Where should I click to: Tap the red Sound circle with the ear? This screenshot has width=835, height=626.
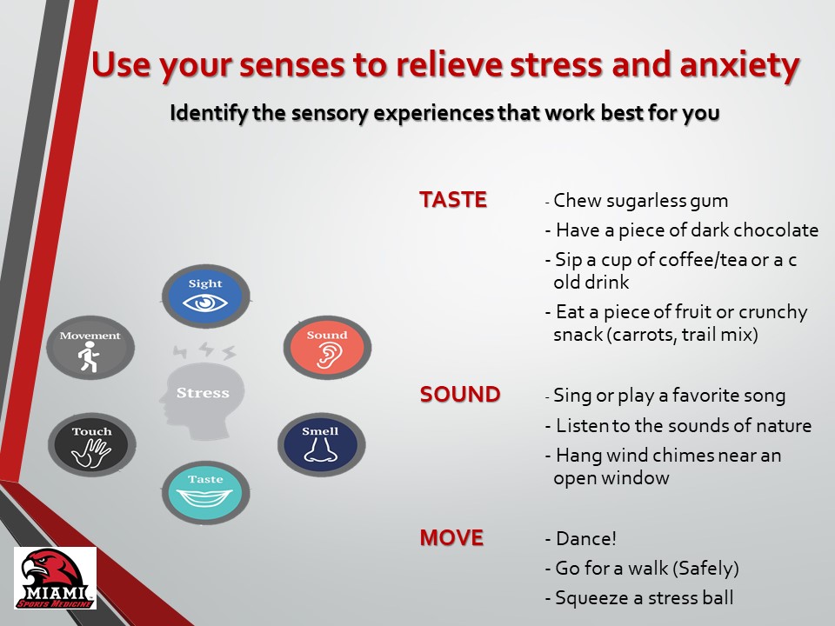pyautogui.click(x=327, y=347)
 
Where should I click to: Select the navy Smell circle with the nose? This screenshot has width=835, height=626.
pyautogui.click(x=320, y=444)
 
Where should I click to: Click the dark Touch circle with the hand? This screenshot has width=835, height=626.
pyautogui.click(x=91, y=444)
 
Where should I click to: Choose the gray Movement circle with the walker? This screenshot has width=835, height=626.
pyautogui.click(x=90, y=347)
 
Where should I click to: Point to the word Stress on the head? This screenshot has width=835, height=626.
pyautogui.click(x=203, y=393)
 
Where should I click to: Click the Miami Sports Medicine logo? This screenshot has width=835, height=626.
pyautogui.click(x=55, y=577)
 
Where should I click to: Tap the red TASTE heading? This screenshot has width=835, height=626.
pyautogui.click(x=453, y=200)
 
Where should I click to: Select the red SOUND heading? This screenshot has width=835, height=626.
pyautogui.click(x=460, y=395)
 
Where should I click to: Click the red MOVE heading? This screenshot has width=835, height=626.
pyautogui.click(x=451, y=537)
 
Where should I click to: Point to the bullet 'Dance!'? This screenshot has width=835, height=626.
pyautogui.click(x=581, y=538)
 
